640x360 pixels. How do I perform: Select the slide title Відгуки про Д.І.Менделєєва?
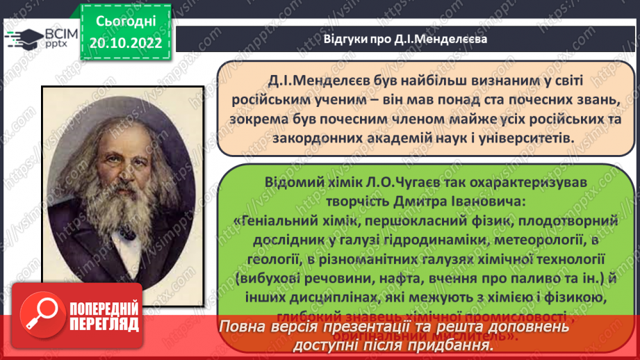tap(405, 39)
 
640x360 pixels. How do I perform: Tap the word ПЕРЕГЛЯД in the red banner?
tap(104, 324)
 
